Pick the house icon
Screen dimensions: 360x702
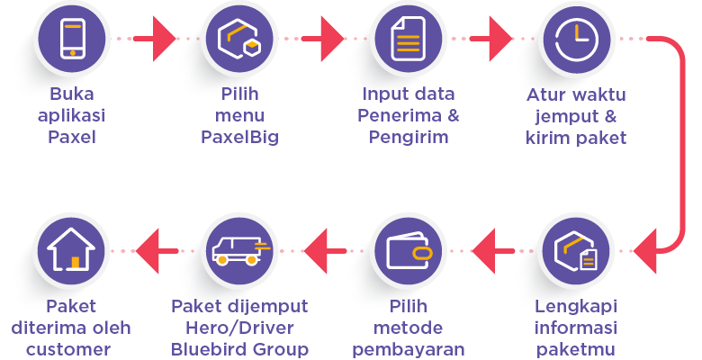72,251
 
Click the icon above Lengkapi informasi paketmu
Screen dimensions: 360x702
576,251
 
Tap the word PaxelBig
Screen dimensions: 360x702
239,138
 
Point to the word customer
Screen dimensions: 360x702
72,349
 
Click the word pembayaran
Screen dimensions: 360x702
408,349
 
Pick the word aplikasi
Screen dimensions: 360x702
72,116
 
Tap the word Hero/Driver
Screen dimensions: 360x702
239,328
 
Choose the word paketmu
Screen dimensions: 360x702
576,349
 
